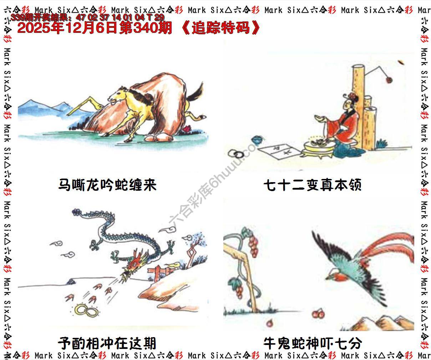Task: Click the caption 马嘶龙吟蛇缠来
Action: point(107,185)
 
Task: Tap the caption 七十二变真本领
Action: point(313,185)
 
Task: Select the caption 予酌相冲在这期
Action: point(107,343)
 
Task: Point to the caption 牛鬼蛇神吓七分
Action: point(313,343)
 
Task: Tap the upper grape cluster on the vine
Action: point(253,245)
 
